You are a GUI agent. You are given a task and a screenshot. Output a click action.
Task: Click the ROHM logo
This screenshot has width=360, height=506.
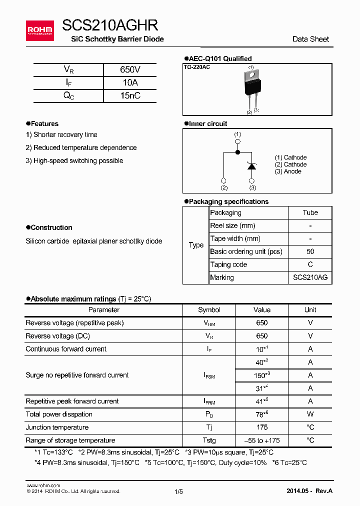click(x=39, y=30)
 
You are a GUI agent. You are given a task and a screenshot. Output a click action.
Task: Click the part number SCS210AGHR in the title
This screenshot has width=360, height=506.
click(x=110, y=25)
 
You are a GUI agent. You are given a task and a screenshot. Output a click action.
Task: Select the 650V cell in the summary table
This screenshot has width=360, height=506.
click(x=130, y=69)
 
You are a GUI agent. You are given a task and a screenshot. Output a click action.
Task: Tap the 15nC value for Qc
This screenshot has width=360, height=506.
click(x=130, y=95)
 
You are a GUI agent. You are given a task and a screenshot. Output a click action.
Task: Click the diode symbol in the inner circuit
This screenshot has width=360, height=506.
click(x=252, y=166)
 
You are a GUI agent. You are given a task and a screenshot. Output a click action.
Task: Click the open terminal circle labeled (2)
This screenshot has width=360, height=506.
click(x=223, y=180)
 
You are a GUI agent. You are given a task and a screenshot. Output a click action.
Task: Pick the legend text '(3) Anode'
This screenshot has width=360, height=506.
click(x=288, y=171)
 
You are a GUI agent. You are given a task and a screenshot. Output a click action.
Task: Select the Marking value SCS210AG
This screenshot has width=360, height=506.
click(x=310, y=277)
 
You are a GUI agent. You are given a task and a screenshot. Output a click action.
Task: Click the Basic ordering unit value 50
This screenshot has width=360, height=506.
click(x=310, y=251)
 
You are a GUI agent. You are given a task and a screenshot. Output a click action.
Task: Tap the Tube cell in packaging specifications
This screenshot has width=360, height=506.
click(x=310, y=212)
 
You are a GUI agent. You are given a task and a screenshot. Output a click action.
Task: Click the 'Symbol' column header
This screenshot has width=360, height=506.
click(x=209, y=310)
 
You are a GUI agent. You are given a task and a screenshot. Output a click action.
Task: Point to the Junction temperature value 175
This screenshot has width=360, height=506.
click(x=261, y=427)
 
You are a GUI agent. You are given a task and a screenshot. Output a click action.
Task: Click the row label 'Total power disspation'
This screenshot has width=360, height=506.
click(x=59, y=414)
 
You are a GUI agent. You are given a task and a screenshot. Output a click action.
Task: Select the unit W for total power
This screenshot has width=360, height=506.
click(x=310, y=414)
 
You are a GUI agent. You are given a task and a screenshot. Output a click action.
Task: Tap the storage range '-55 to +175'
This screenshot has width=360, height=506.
click(x=261, y=440)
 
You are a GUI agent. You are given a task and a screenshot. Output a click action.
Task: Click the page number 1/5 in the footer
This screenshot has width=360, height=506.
click(x=179, y=491)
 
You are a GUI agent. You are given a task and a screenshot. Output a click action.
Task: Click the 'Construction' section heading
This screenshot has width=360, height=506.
click(x=51, y=227)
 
